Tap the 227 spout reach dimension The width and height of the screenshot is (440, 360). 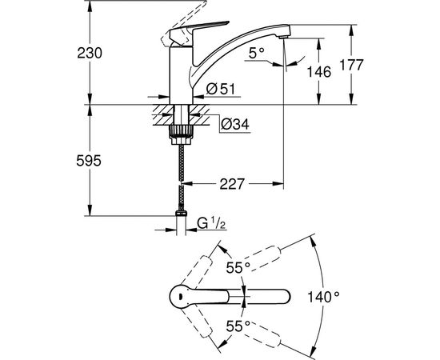[231, 185]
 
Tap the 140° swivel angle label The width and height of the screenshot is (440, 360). [322, 296]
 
